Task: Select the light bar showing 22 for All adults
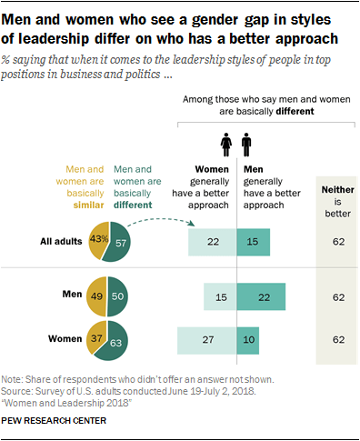[212, 241]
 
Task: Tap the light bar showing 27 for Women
[206, 340]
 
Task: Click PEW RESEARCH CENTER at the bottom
[55, 422]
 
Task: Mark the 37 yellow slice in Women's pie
[95, 338]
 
